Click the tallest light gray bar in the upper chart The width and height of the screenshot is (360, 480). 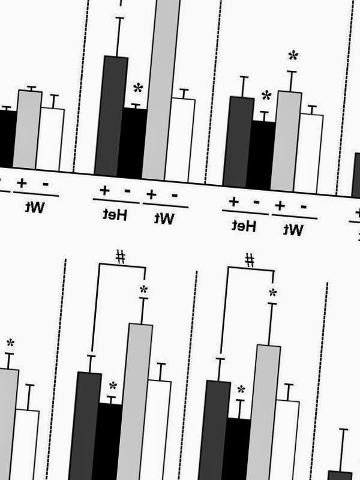[161, 89]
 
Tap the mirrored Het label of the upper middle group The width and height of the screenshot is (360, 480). [115, 214]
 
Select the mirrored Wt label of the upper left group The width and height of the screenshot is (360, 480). [35, 207]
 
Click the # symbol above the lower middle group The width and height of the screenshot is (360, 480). [121, 257]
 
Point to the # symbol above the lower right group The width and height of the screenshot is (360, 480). [250, 260]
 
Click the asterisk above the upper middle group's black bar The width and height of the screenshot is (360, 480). [138, 88]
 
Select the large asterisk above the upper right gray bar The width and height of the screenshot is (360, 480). [293, 55]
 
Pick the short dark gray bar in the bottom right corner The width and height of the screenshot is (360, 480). [340, 475]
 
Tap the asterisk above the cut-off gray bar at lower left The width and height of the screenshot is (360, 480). [10, 343]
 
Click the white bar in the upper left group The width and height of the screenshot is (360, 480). [50, 139]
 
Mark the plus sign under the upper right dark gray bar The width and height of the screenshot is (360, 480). [233, 202]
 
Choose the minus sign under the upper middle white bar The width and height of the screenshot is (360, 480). [175, 196]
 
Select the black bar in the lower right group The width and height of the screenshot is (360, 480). [236, 448]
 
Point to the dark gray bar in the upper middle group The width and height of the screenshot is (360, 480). [111, 116]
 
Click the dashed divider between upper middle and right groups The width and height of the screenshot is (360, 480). [213, 92]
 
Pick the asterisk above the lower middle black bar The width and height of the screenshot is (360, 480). [113, 386]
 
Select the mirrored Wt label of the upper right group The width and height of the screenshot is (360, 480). [293, 230]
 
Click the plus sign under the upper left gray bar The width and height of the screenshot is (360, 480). [22, 183]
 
